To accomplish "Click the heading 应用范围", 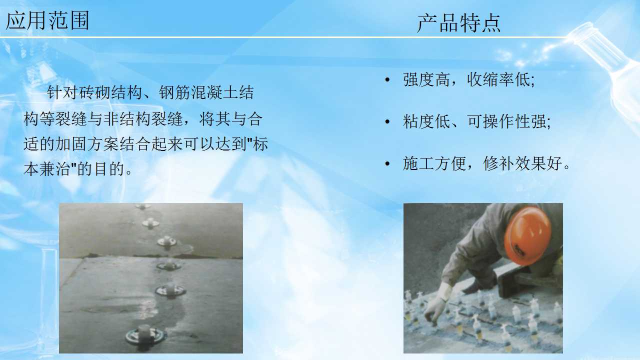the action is point(47,20).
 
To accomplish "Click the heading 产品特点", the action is point(458,23).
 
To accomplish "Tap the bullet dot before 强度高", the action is point(387,79).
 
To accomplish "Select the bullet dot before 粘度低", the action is point(387,122).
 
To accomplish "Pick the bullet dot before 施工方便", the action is point(387,164).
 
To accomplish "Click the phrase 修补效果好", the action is point(523,163).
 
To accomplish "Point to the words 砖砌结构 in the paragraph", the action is point(110,92).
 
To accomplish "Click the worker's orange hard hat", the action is point(527,235).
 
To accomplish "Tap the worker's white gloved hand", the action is point(436,303).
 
